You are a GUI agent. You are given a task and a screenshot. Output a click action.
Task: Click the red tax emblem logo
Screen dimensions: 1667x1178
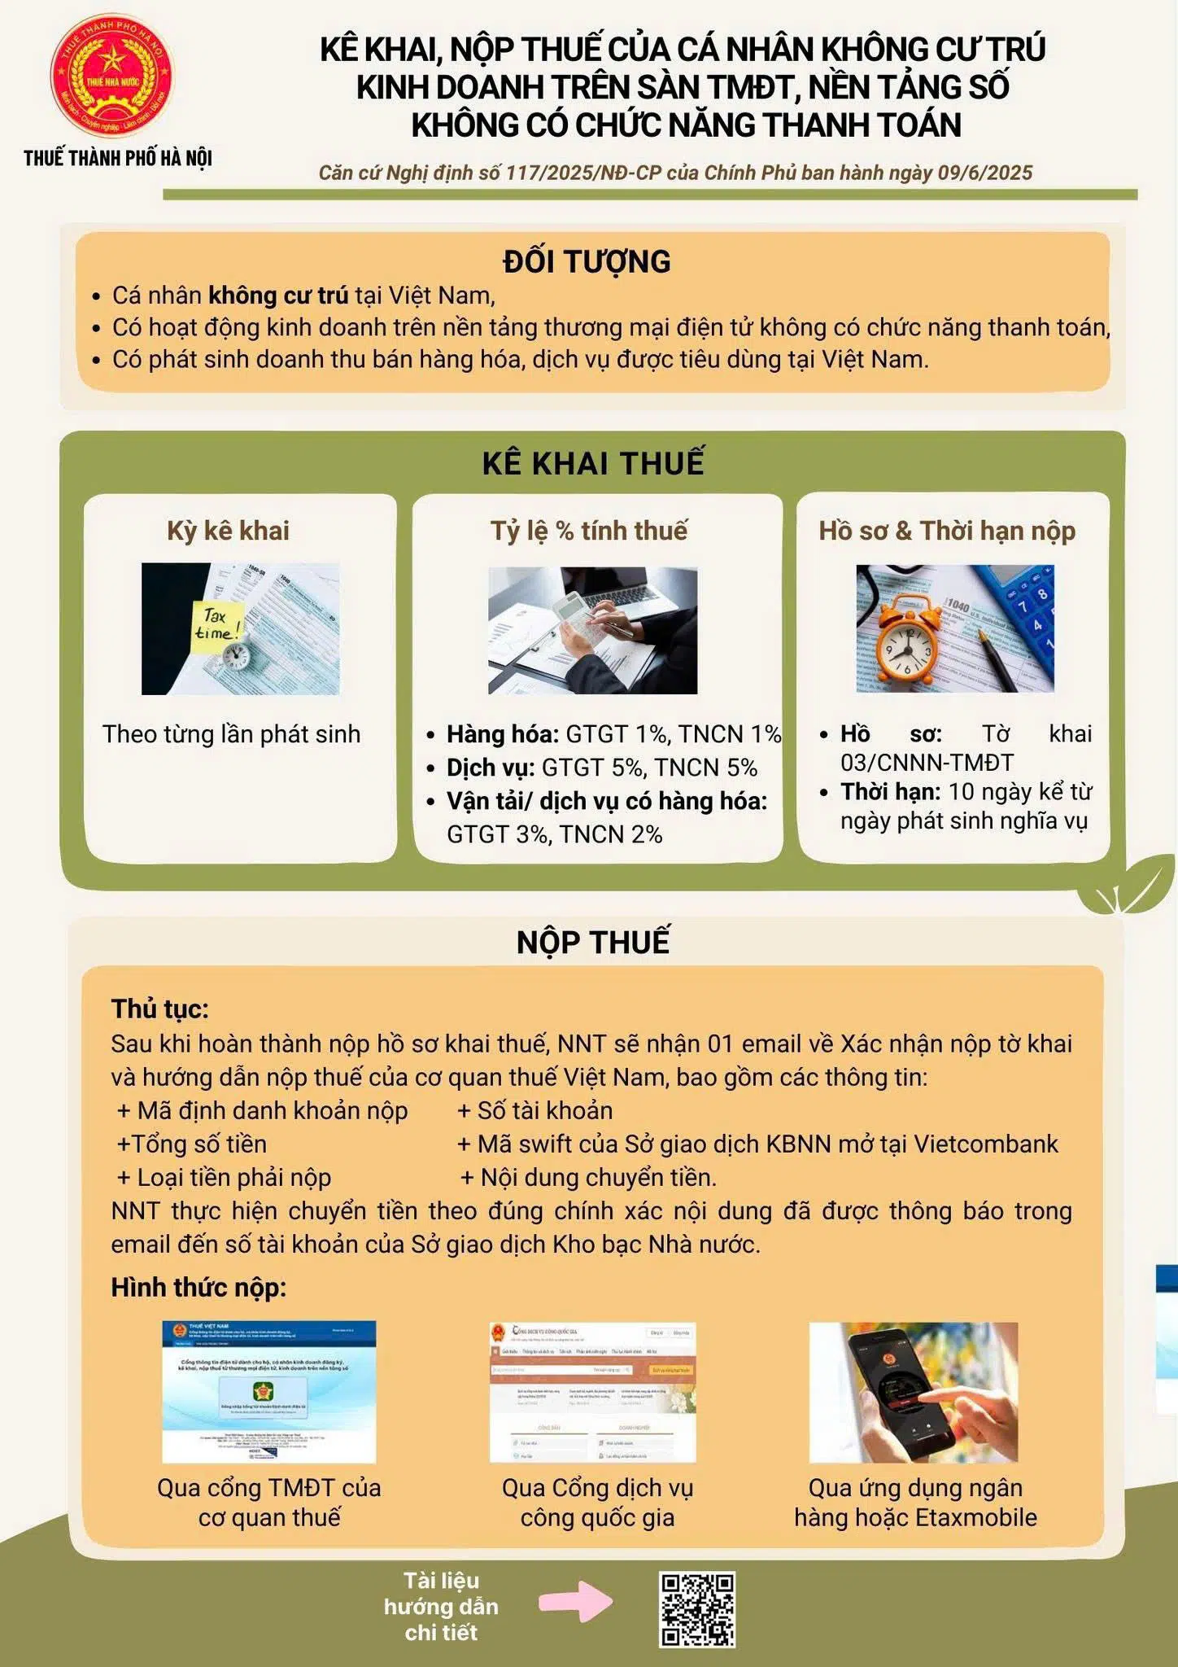(113, 78)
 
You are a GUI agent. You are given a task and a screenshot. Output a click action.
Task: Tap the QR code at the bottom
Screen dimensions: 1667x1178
(697, 1609)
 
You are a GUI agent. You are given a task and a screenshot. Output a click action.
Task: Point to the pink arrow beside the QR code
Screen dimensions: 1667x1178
(575, 1601)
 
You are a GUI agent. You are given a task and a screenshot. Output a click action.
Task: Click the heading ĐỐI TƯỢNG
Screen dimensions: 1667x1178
(587, 261)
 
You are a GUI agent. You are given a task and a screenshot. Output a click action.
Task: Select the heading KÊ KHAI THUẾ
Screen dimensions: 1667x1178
(593, 462)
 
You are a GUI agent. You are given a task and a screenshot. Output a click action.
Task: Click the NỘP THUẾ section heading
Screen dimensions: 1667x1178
(593, 942)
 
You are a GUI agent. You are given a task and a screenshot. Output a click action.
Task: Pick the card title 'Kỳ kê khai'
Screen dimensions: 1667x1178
(228, 531)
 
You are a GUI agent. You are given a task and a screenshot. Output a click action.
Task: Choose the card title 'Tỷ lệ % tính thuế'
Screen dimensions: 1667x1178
(589, 531)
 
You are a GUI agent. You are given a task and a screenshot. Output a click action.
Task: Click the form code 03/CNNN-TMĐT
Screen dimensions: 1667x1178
(927, 763)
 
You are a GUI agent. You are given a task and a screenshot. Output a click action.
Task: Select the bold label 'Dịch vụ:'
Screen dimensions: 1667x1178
(491, 768)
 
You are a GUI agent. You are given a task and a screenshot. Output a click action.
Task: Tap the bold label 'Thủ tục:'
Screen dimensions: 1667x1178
(160, 1009)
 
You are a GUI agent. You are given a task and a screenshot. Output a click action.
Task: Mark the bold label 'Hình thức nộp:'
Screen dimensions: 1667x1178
(199, 1288)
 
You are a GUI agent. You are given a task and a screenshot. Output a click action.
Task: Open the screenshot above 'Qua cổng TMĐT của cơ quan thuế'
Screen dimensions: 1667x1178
(269, 1391)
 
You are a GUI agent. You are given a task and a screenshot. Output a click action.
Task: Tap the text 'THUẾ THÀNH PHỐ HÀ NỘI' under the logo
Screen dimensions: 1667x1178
(118, 158)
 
